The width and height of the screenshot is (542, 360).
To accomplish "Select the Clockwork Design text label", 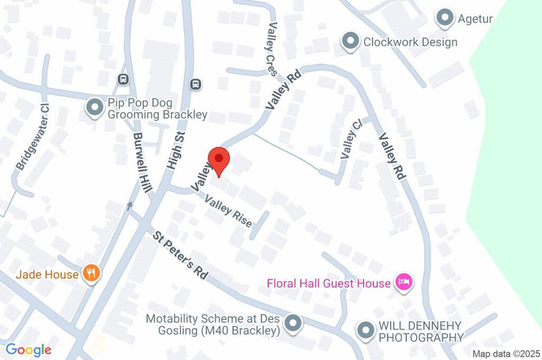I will pyautogui.click(x=410, y=42).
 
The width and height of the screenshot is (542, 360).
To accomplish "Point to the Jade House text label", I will pyautogui.click(x=47, y=274).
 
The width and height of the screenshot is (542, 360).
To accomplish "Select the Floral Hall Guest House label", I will pyautogui.click(x=328, y=283).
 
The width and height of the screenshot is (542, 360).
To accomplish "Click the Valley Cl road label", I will pyautogui.click(x=352, y=139).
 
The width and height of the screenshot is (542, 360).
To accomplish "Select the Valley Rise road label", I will pyautogui.click(x=229, y=212).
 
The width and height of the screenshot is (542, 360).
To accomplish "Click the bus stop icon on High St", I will pyautogui.click(x=196, y=84).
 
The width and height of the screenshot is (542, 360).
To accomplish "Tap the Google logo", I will pyautogui.click(x=29, y=350).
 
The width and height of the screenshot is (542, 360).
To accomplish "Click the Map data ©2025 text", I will pyautogui.click(x=505, y=354).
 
